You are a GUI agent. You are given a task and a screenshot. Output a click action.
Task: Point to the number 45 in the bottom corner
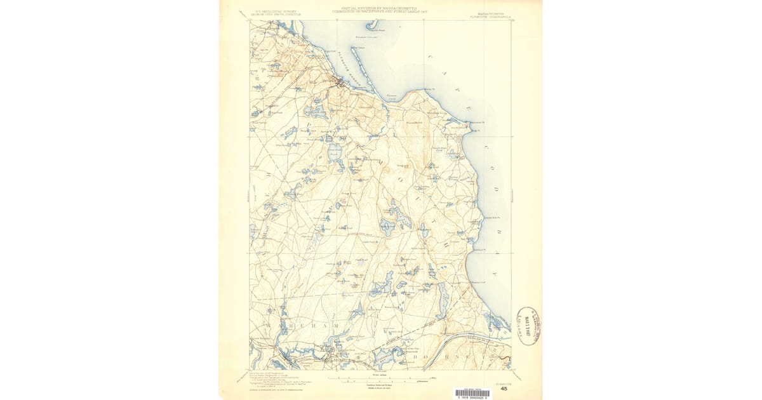tap(504, 389)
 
